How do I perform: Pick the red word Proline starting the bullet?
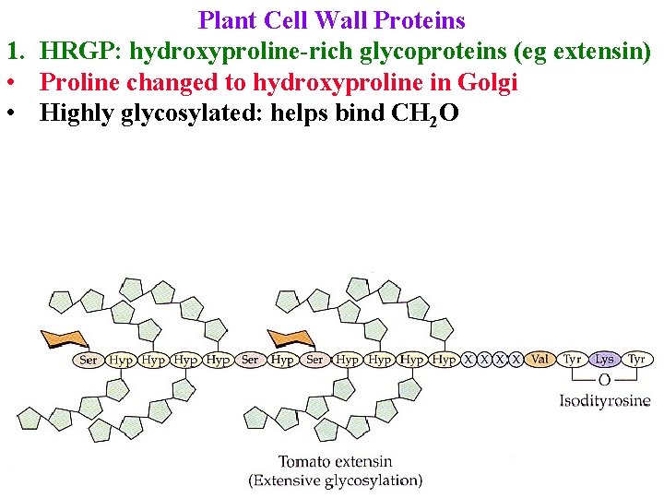click(81, 83)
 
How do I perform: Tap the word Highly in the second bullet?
click(77, 114)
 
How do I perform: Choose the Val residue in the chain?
click(541, 359)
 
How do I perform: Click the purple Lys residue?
click(604, 359)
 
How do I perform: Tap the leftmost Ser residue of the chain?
click(89, 360)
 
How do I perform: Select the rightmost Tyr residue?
click(636, 359)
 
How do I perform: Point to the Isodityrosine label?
click(605, 400)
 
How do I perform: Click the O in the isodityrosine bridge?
click(604, 380)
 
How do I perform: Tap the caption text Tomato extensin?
click(335, 461)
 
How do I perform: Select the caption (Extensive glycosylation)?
click(335, 480)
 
